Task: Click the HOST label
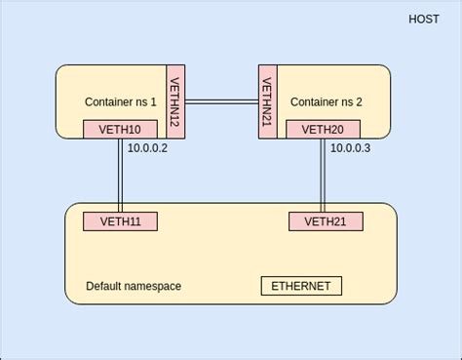click(424, 20)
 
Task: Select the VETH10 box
click(120, 129)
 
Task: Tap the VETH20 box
click(323, 129)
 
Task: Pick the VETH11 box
click(120, 221)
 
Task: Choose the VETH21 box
click(326, 221)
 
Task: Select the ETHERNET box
click(301, 286)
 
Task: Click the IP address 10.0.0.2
click(148, 148)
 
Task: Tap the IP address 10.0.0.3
click(350, 148)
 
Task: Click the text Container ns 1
click(121, 101)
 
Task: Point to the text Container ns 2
click(326, 101)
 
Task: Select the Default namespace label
click(134, 286)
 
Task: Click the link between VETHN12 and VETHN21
click(221, 100)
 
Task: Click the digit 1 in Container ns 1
click(153, 101)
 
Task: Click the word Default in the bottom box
click(103, 286)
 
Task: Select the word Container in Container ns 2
click(314, 101)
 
